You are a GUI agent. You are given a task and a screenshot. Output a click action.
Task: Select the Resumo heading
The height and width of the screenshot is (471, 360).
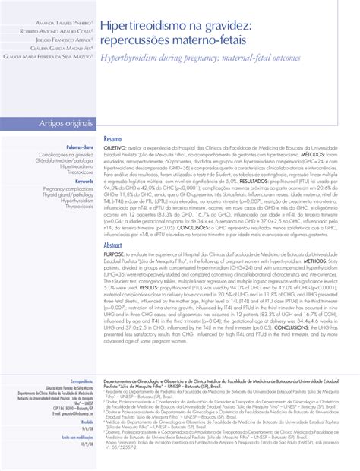point(112,141)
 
